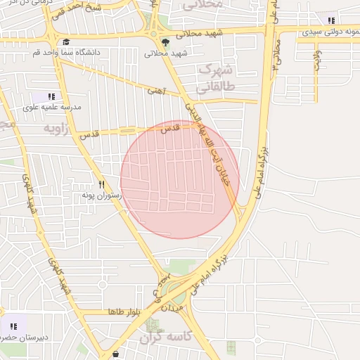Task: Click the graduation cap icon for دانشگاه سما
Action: point(65,42)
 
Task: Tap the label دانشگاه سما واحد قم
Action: point(66,53)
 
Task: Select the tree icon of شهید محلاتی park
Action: point(166,41)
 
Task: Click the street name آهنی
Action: point(155,90)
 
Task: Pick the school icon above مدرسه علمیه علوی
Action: point(51,96)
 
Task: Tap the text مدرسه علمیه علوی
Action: point(53,107)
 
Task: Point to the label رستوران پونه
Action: point(101,195)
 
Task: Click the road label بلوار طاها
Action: point(126,311)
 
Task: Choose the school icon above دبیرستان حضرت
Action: point(13,326)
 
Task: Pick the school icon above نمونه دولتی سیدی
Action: point(330,21)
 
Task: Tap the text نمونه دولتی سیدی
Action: point(330,32)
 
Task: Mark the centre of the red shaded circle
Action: point(180,179)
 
